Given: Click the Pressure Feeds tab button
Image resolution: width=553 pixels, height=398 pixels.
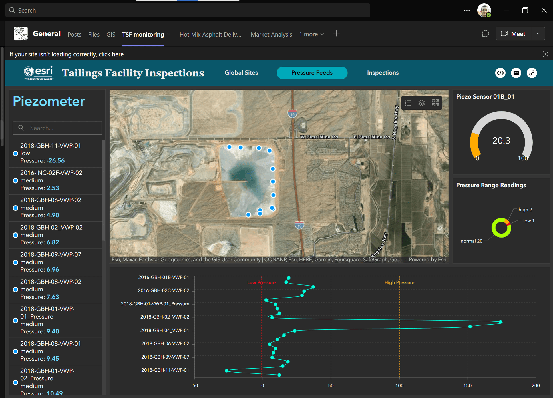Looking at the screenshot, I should pyautogui.click(x=312, y=73).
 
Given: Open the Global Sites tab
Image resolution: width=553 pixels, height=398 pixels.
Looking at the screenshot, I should pyautogui.click(x=241, y=73).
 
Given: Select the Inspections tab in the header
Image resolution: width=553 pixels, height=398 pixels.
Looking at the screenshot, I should pyautogui.click(x=383, y=73).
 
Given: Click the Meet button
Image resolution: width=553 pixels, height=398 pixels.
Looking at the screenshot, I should pyautogui.click(x=513, y=34).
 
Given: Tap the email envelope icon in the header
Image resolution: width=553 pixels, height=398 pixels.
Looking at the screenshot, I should pyautogui.click(x=516, y=73).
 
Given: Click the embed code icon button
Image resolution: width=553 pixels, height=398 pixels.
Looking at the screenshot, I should pyautogui.click(x=500, y=73).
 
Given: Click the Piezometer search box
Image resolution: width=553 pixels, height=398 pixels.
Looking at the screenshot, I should pyautogui.click(x=57, y=128).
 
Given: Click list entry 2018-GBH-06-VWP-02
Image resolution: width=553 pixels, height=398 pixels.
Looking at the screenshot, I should pyautogui.click(x=51, y=200).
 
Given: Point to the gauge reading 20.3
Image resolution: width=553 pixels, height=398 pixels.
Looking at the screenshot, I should pyautogui.click(x=501, y=140).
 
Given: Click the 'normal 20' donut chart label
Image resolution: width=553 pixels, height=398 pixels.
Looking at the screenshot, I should pyautogui.click(x=471, y=241).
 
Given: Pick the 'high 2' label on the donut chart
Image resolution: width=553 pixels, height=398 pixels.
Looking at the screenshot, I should pyautogui.click(x=525, y=210).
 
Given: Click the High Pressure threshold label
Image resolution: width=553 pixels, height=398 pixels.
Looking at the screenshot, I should pyautogui.click(x=399, y=282).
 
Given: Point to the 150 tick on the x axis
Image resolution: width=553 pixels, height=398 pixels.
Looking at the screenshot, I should pyautogui.click(x=467, y=385).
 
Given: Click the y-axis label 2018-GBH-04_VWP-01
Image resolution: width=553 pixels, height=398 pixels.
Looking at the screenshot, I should pyautogui.click(x=164, y=330).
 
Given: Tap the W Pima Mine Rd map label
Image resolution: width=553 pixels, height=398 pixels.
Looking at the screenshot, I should pyautogui.click(x=319, y=137).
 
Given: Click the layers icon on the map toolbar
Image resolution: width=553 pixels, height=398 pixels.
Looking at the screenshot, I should pyautogui.click(x=421, y=103).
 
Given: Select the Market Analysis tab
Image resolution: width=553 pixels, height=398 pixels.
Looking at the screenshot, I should pyautogui.click(x=271, y=35).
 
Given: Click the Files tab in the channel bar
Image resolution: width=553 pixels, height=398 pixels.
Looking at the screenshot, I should pyautogui.click(x=94, y=35).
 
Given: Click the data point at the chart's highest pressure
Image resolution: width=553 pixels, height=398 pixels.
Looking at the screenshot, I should pyautogui.click(x=500, y=322).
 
